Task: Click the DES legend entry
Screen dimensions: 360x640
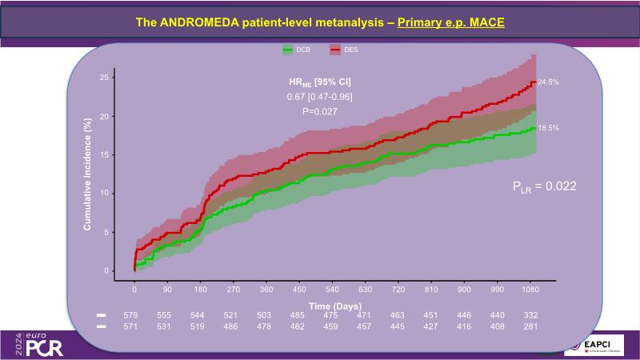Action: pyautogui.click(x=346, y=50)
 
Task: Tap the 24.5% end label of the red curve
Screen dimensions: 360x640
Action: pyautogui.click(x=547, y=82)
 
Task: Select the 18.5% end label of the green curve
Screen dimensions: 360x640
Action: pyautogui.click(x=547, y=128)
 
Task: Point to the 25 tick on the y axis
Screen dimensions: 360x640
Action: pyautogui.click(x=104, y=78)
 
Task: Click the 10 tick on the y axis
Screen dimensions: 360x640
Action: pyautogui.click(x=104, y=194)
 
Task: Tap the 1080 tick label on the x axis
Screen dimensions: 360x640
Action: pyautogui.click(x=528, y=290)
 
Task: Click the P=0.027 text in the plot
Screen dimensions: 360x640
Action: pyautogui.click(x=319, y=111)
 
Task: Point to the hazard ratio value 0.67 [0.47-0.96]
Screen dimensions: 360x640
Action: pyautogui.click(x=319, y=97)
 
